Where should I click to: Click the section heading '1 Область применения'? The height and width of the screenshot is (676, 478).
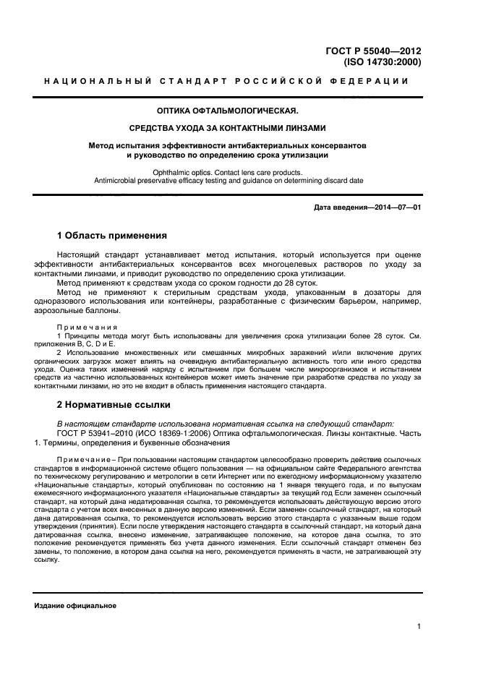pos(112,236)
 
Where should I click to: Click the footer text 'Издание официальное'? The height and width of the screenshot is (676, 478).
pos(75,605)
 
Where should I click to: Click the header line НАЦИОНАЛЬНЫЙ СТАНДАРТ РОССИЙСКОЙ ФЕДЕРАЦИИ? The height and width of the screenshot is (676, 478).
pos(227,81)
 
